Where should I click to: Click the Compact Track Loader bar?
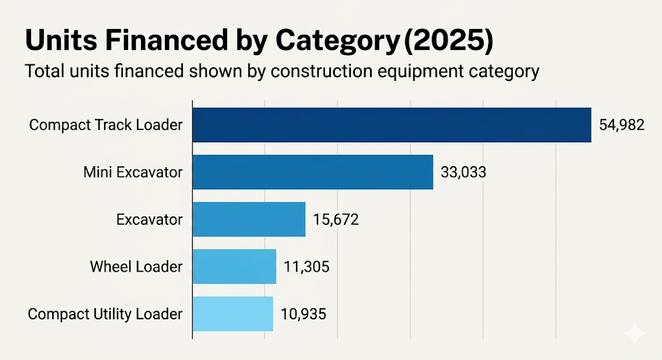coord(392,125)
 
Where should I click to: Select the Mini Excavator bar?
coord(313,172)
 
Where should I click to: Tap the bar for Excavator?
coord(249,219)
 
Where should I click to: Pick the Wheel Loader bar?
coord(235,266)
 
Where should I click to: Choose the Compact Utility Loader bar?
coord(233,313)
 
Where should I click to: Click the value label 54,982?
coord(621,125)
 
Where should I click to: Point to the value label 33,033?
coord(463,173)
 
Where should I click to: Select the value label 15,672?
coord(336,220)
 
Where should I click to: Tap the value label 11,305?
coord(306,267)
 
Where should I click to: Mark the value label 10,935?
coord(303,314)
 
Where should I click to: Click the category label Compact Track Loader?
coord(106,125)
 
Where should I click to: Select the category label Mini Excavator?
coord(133,173)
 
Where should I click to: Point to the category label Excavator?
coord(149,220)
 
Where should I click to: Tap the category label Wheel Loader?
coord(136,267)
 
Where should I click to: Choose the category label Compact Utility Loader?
coord(105,314)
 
